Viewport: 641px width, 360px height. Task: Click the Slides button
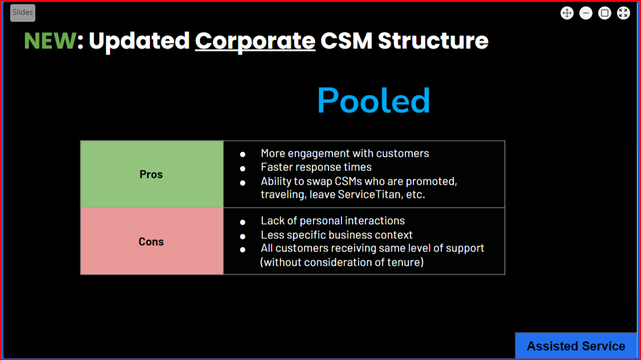(23, 13)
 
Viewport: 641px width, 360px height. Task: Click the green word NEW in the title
(50, 41)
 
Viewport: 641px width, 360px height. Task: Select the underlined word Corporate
(255, 41)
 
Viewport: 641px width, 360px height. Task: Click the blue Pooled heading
(374, 101)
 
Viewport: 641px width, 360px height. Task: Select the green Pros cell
(151, 175)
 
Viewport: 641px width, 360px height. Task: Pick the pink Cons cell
(151, 242)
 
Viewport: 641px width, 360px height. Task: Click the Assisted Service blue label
(575, 346)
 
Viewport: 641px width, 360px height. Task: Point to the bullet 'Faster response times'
(316, 167)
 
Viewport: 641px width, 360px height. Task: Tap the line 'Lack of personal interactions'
(332, 221)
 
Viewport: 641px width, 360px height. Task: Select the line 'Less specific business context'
(336, 235)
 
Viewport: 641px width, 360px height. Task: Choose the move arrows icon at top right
(567, 13)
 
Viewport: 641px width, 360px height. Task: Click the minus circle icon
(586, 13)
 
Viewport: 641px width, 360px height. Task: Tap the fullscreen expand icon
(623, 13)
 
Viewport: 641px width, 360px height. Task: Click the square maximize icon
(605, 13)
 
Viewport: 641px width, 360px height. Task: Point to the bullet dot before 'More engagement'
(243, 155)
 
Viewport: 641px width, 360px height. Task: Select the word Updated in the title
(139, 41)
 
